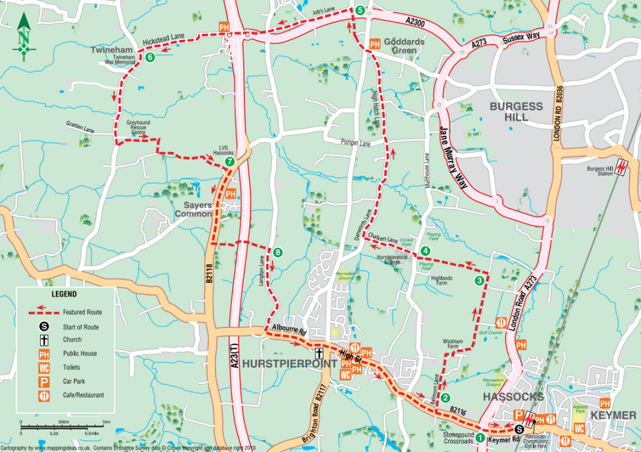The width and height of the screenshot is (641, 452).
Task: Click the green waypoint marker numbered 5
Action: coord(360,10)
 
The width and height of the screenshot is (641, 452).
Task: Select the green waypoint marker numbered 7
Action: coord(230,162)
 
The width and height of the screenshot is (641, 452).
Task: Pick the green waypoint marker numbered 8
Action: coord(278,252)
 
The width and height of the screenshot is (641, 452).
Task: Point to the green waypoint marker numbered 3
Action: coord(479,280)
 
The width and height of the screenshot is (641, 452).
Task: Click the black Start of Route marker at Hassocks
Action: coord(519,429)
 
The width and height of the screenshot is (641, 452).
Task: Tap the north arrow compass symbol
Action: coord(24,38)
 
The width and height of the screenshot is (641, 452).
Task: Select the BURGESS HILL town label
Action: coord(516,111)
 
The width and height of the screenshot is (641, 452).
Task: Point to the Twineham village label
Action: coord(112,49)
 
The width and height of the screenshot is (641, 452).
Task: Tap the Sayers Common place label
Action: coord(194,209)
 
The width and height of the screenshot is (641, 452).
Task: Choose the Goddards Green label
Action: coord(404,46)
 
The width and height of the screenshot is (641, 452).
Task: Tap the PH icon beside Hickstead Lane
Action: coord(223,26)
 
